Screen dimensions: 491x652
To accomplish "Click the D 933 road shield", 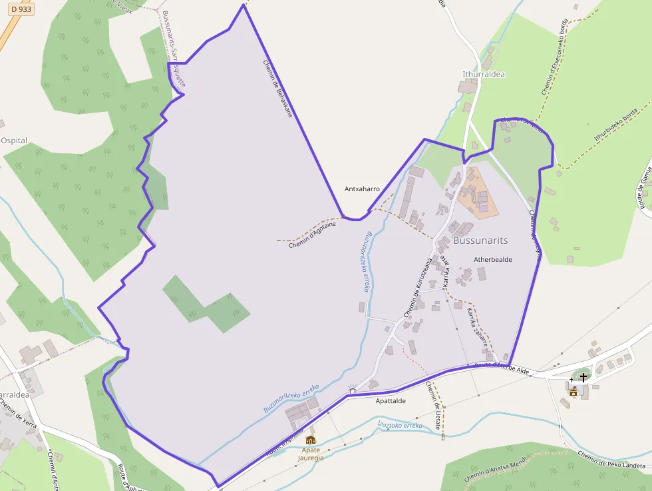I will click(x=21, y=9).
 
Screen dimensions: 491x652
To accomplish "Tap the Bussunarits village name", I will click(x=480, y=240).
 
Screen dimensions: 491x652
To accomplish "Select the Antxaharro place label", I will click(x=362, y=189).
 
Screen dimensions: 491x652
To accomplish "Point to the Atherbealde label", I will click(x=492, y=259).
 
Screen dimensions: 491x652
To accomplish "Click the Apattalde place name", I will click(x=391, y=401).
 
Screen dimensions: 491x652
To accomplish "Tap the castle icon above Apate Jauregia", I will click(x=311, y=440).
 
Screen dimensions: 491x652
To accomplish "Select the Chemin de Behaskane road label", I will click(x=278, y=89).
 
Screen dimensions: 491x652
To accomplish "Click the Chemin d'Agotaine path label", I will click(x=312, y=235).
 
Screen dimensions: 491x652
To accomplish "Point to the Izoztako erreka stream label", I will click(x=400, y=424).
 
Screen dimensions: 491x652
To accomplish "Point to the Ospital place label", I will click(x=14, y=141).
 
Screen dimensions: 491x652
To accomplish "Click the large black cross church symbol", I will click(x=583, y=378).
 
